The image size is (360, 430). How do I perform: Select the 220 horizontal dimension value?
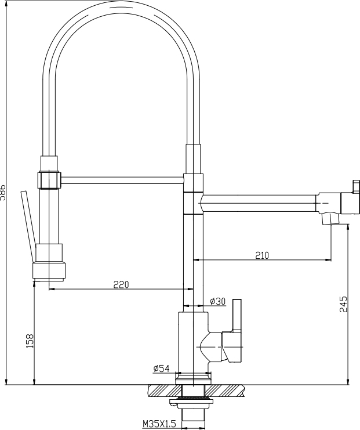click(x=121, y=284)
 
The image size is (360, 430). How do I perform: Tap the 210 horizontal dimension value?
click(x=262, y=254)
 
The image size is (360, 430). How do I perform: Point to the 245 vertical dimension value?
click(x=343, y=304)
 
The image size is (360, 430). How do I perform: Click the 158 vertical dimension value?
click(x=29, y=341)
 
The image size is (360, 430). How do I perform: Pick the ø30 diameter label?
click(x=217, y=301)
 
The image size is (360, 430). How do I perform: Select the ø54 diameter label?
click(x=161, y=368)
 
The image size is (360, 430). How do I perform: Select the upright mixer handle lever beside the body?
click(x=237, y=316)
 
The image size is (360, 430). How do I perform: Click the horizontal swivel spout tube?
click(x=257, y=204)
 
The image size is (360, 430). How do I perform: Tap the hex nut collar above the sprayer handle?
click(x=49, y=179)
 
